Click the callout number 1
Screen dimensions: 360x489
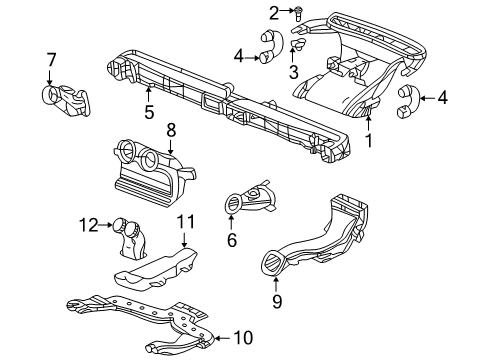(x=368, y=142)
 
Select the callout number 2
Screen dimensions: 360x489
(x=245, y=12)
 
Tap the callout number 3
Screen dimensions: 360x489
(x=293, y=73)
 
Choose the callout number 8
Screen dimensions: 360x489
(x=171, y=129)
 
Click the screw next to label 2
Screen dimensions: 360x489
(x=270, y=11)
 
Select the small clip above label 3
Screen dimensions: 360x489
(x=296, y=46)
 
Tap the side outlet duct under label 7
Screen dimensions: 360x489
(x=65, y=97)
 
